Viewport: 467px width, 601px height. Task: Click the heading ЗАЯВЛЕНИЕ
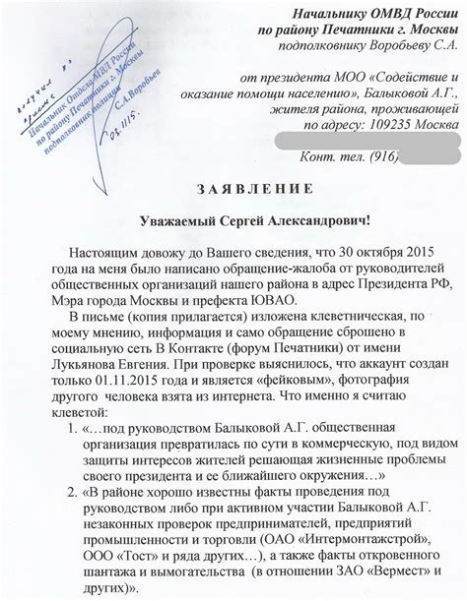[x=233, y=188]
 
